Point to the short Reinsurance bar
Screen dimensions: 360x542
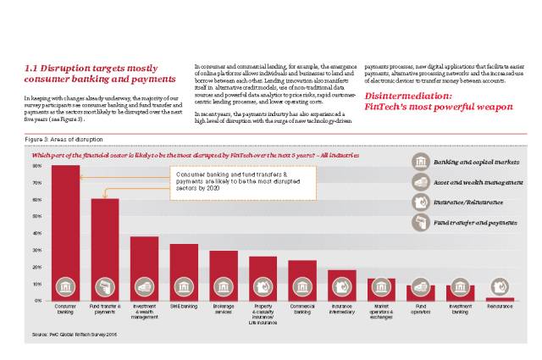point(499,299)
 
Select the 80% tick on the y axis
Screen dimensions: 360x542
point(36,167)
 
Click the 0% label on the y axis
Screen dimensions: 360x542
point(37,300)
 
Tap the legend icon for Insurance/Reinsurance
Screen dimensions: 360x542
point(419,202)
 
